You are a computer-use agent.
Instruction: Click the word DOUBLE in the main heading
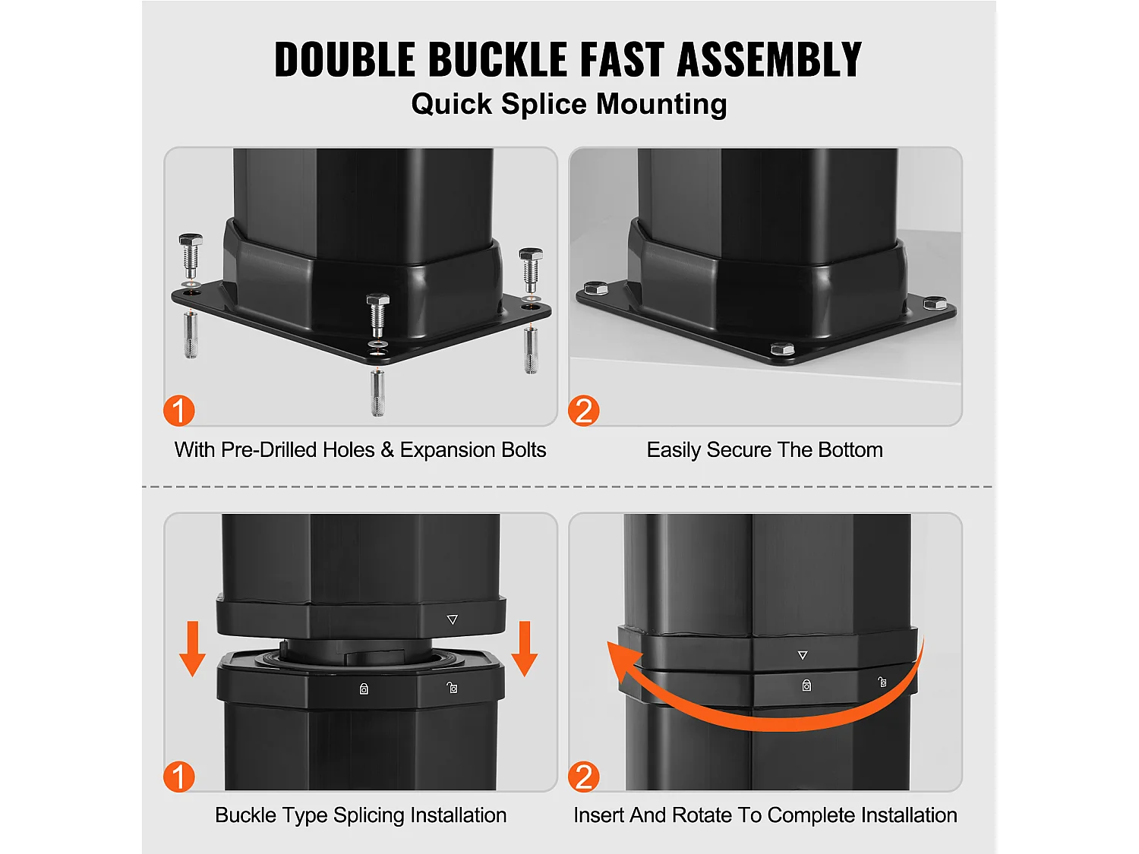click(x=345, y=59)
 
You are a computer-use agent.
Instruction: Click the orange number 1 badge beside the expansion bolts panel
click(x=179, y=411)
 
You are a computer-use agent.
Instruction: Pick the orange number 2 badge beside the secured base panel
click(x=584, y=411)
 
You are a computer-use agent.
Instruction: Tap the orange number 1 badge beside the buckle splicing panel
click(x=179, y=777)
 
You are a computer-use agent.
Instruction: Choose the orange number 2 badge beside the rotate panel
click(x=584, y=777)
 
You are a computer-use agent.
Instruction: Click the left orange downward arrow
click(x=193, y=649)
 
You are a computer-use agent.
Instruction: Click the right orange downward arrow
click(x=525, y=649)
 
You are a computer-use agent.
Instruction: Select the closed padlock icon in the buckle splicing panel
click(x=364, y=689)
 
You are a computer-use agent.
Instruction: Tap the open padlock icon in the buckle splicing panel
click(x=453, y=688)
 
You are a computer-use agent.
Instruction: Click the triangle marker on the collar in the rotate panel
click(x=803, y=655)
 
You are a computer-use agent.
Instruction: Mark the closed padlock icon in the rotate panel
click(x=806, y=685)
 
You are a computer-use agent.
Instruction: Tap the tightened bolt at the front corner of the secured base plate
click(x=783, y=348)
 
